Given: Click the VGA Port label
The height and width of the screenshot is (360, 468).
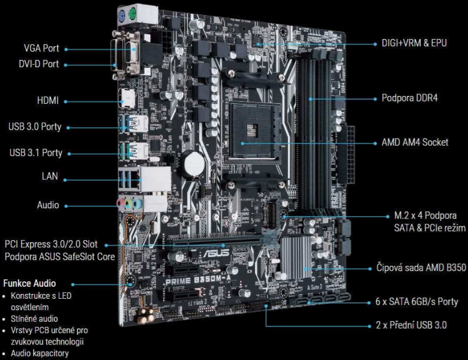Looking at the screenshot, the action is coord(41,48).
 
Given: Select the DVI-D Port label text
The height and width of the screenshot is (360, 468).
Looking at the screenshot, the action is coord(39,64).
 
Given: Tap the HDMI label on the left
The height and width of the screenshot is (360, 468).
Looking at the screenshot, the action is coord(48,101).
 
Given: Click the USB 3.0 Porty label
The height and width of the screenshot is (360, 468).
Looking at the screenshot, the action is coord(35,127).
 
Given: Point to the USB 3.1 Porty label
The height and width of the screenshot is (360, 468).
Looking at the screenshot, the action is coord(36,153).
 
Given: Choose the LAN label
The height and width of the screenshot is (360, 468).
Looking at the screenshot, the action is coord(50,176).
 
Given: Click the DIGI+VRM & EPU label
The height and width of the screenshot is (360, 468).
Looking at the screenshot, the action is coord(414,43).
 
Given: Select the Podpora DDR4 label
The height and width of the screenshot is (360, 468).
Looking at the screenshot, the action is coord(410,98).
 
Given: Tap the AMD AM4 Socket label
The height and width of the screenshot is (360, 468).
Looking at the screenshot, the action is coord(415,142).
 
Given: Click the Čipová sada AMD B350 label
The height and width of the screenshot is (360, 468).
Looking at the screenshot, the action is coord(421,268).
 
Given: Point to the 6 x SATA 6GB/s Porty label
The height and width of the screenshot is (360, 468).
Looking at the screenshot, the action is coord(416,301).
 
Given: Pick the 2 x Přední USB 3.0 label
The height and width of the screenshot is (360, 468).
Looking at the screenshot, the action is coord(411,325).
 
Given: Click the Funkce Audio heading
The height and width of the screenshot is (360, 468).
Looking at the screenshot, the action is coord(29,283).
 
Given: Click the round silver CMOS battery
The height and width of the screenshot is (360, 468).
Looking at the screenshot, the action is coord(194,164).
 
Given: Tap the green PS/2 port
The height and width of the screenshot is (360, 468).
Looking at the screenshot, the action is coord(132,14).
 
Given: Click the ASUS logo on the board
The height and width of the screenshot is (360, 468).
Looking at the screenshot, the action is coord(216,253).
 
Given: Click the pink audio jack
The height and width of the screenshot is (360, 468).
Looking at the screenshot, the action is coord(121,203).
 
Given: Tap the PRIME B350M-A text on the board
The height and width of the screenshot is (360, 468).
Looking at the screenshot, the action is coord(198,280).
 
